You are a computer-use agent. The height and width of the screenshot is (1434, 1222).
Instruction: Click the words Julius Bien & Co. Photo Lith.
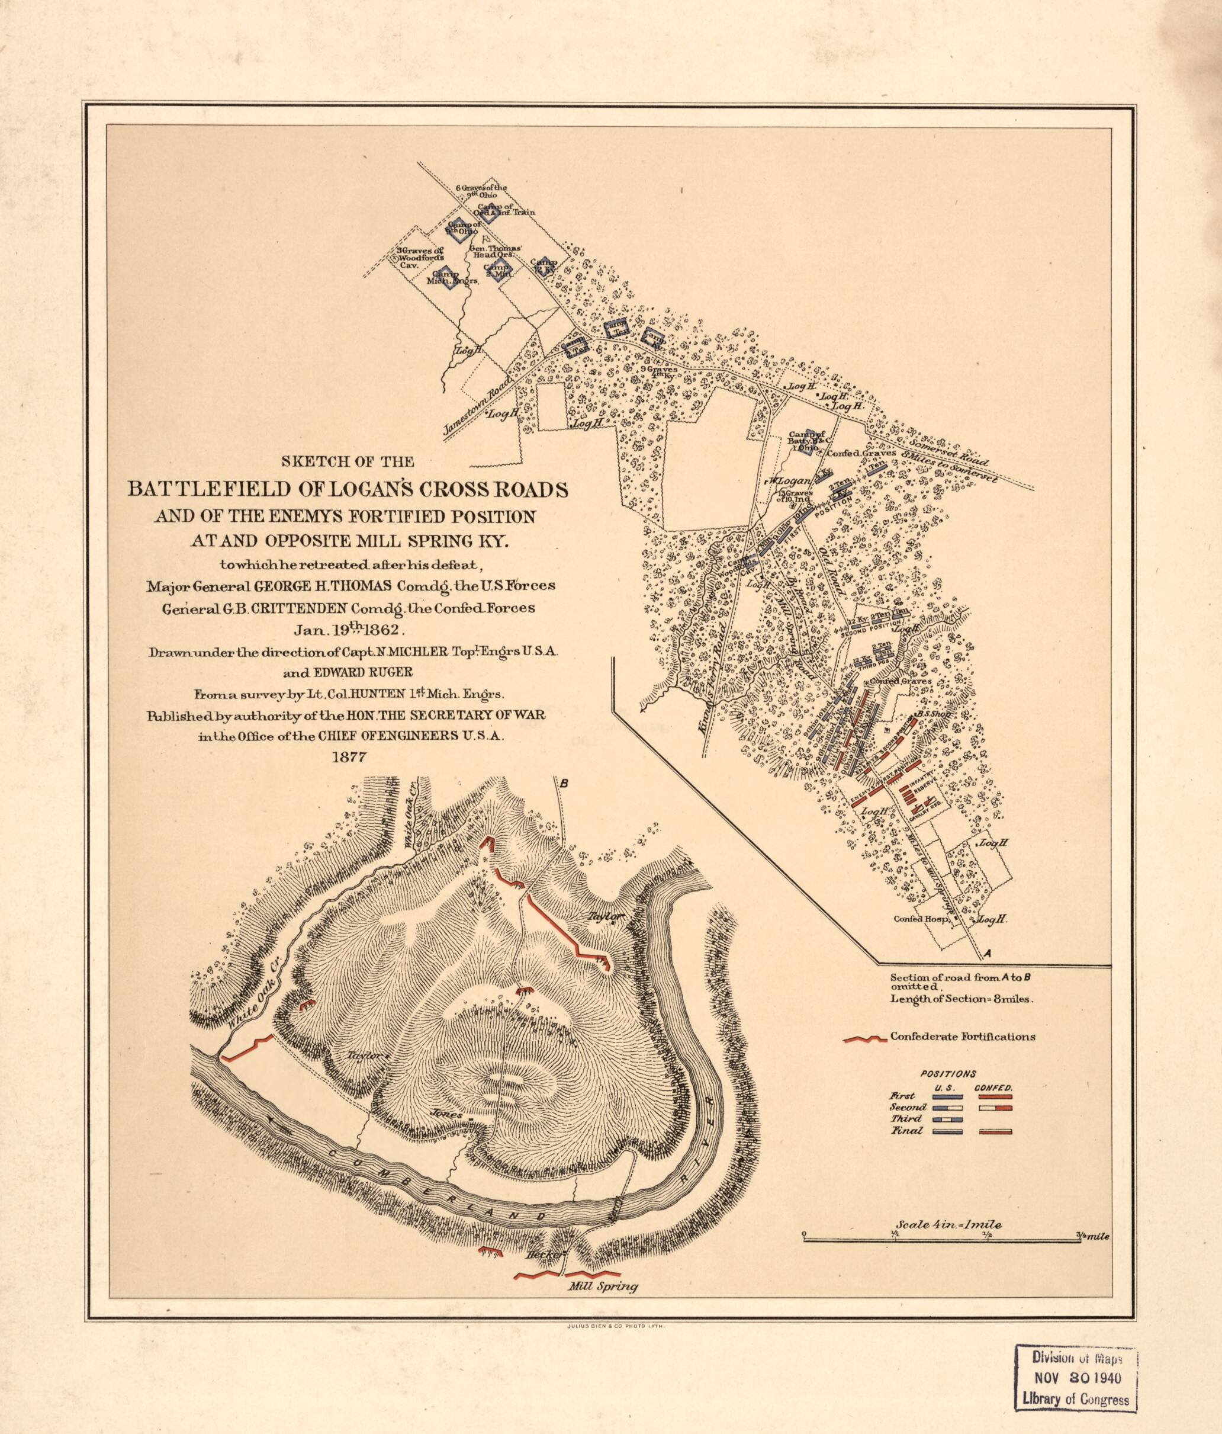610,1322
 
